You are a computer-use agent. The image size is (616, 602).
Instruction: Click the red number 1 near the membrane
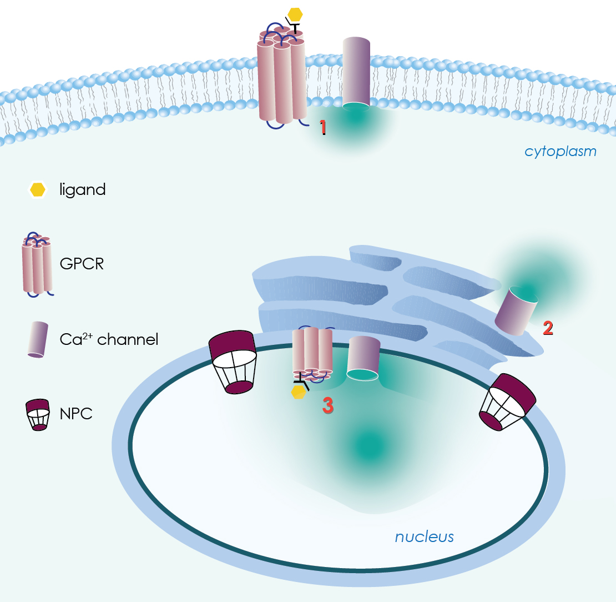pyautogui.click(x=322, y=128)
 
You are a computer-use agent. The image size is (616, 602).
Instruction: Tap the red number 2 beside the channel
pyautogui.click(x=548, y=328)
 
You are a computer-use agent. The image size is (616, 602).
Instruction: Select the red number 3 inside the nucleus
pyautogui.click(x=328, y=405)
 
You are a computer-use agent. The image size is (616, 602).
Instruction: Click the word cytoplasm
pyautogui.click(x=561, y=151)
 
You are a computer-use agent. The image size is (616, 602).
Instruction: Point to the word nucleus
pyautogui.click(x=424, y=536)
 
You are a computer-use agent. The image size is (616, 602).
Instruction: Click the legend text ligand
pyautogui.click(x=83, y=190)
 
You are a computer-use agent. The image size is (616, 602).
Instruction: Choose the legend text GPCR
pyautogui.click(x=82, y=263)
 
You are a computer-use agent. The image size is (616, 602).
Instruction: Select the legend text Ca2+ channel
pyautogui.click(x=109, y=338)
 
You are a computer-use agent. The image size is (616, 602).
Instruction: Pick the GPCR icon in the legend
pyautogui.click(x=37, y=264)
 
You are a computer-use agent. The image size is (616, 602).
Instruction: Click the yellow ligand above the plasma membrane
pyautogui.click(x=295, y=14)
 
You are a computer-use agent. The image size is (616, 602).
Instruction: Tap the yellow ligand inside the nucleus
pyautogui.click(x=299, y=392)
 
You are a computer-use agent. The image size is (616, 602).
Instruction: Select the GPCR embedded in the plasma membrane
pyautogui.click(x=281, y=78)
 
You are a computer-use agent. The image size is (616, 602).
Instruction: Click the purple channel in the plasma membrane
pyautogui.click(x=356, y=72)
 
